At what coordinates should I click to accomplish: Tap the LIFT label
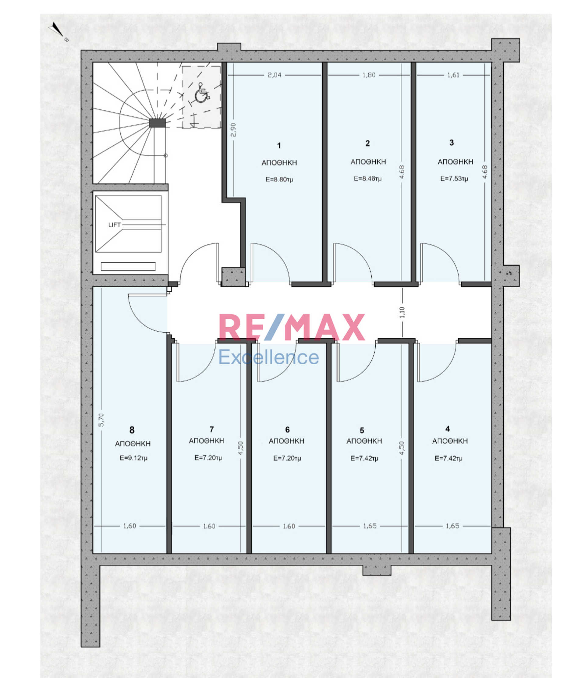pos(115,225)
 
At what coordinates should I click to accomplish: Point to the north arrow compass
pos(57,30)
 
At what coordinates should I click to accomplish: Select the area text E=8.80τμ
pos(279,179)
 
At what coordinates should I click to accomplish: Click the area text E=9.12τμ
pos(133,458)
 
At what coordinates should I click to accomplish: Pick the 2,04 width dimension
pos(274,75)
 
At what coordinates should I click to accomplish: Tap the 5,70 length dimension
pos(101,420)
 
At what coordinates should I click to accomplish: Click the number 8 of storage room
pos(132,430)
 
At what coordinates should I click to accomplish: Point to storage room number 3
pos(452,143)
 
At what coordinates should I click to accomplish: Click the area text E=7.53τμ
pos(454,179)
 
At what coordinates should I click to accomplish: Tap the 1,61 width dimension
pos(453,75)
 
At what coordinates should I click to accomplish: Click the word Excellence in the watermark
pos(269,357)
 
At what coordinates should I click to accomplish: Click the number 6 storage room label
pos(287,430)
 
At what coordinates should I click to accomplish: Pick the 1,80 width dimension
pos(369,75)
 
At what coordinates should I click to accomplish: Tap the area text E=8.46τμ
pos(368,179)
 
